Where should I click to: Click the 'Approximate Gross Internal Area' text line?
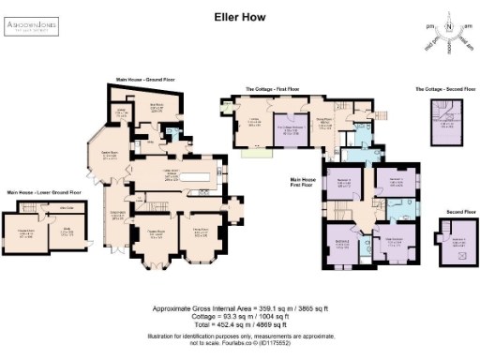[x=240, y=307]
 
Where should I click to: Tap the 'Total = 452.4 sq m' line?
[x=240, y=323]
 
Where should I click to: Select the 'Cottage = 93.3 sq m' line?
[x=240, y=315]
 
